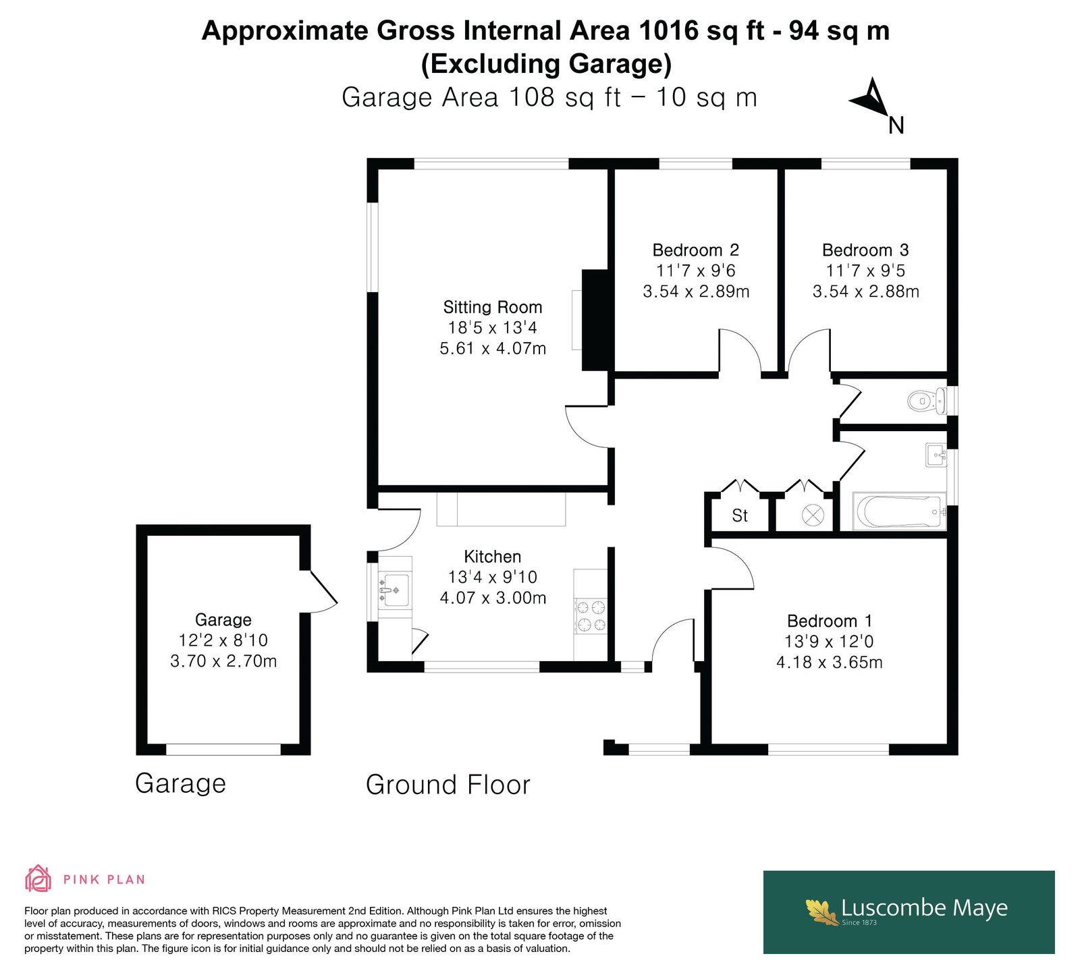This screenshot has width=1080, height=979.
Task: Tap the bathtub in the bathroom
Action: coord(899,512)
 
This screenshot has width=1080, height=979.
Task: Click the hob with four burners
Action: coord(590,617)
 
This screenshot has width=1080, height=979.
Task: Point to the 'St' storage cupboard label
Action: coord(740,515)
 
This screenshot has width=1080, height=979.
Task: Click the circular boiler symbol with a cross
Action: coord(813,516)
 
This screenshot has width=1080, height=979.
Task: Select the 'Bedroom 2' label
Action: coord(696,250)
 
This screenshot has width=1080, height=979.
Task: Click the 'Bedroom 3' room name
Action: coord(865,250)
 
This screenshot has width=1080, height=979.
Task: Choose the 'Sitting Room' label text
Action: coord(493,307)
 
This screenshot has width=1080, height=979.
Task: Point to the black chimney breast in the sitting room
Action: coord(595,320)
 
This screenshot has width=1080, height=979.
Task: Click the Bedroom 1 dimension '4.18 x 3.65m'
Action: coord(830,662)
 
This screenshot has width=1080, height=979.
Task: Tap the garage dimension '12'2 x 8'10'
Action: coord(223,640)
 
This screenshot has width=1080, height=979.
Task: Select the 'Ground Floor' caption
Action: coord(448,785)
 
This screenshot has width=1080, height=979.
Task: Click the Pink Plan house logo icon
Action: coord(38,878)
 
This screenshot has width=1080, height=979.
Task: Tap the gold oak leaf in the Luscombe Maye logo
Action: coord(821,912)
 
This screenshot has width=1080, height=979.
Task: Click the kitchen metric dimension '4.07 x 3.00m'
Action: coord(493,598)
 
